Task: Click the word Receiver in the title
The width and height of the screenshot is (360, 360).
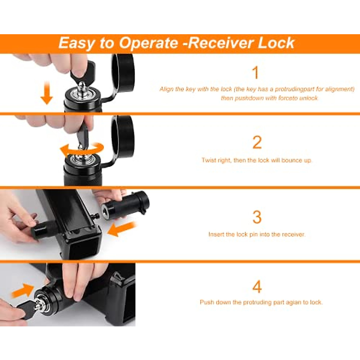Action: [x=221, y=43]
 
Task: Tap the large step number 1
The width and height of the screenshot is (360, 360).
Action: [x=255, y=73]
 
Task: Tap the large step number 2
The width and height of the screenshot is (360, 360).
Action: [x=257, y=142]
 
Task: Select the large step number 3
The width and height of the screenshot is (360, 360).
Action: [x=257, y=217]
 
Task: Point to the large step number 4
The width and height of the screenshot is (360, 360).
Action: [x=257, y=287]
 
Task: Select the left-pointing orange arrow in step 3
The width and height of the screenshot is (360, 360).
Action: [x=121, y=229]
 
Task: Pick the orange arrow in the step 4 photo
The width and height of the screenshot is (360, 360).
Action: [x=23, y=290]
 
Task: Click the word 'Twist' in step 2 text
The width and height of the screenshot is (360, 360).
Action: [x=208, y=160]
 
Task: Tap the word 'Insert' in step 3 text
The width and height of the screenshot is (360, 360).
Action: [x=215, y=234]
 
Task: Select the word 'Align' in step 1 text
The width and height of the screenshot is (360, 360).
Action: [x=166, y=89]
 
